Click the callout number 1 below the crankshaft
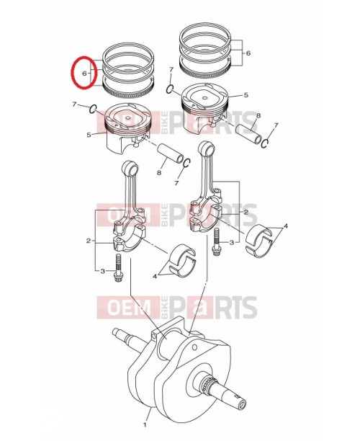pyautogui.click(x=146, y=415)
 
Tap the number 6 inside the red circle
pyautogui.click(x=84, y=74)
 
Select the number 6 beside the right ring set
pyautogui.click(x=248, y=53)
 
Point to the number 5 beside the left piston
pyautogui.click(x=89, y=135)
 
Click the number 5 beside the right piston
pyautogui.click(x=246, y=94)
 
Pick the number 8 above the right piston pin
pyautogui.click(x=258, y=116)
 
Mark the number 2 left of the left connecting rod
pyautogui.click(x=89, y=240)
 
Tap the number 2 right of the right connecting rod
pyautogui.click(x=245, y=212)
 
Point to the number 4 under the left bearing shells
pyautogui.click(x=153, y=276)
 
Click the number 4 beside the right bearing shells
pyautogui.click(x=285, y=226)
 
